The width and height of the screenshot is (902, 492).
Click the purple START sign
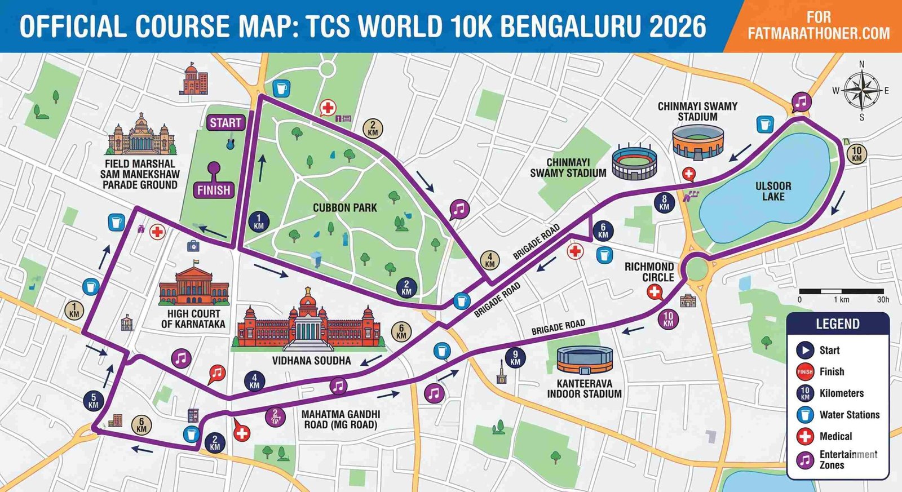click(225, 122)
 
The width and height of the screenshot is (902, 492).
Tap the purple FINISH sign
click(214, 190)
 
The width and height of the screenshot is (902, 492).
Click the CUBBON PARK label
click(344, 208)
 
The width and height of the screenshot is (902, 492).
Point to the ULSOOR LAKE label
click(773, 191)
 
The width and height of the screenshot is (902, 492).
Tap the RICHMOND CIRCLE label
click(649, 272)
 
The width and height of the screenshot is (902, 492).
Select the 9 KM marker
click(515, 358)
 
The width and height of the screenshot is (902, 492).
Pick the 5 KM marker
click(94, 401)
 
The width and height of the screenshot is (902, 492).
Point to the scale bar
click(843, 291)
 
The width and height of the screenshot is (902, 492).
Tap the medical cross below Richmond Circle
click(654, 292)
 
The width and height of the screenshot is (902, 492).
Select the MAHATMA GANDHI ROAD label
click(341, 419)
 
